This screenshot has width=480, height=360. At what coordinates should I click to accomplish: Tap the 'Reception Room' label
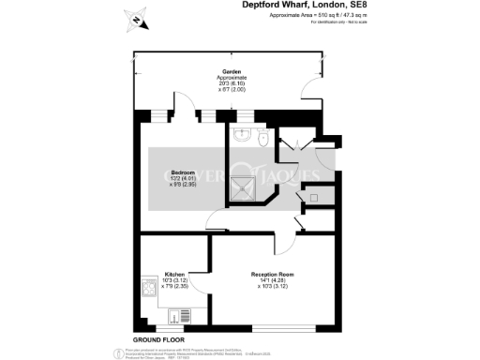[x=273, y=274]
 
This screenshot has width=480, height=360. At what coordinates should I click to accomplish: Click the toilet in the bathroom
[x=264, y=138]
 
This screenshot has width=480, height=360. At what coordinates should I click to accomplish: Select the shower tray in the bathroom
[x=249, y=188]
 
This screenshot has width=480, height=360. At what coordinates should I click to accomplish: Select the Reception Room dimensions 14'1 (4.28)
[x=272, y=280]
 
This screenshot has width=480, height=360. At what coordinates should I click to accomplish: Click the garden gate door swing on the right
[x=308, y=91]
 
